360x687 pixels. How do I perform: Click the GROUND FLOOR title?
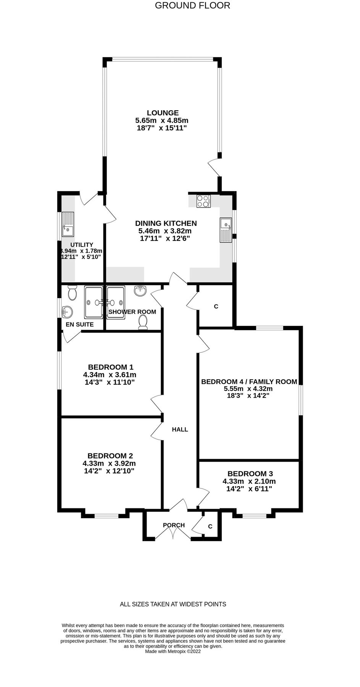pos(192,5)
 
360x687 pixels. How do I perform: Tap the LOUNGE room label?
pos(163,113)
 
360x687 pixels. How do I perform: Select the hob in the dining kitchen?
pos(203,201)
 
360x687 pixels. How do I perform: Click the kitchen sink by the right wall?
pos(226,230)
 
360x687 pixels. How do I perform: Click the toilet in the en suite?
pos(72,293)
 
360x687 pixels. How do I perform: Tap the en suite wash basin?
pos(67,312)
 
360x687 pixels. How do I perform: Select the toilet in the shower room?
pos(143,322)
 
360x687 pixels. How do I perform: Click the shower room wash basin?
pos(140,291)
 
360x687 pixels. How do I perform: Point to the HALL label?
pos(180,429)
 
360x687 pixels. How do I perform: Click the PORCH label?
pos(174,525)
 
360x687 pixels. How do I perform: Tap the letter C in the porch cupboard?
pos(210,527)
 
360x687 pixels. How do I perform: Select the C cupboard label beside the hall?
pos(216,306)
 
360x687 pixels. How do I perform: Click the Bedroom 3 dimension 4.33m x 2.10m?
pos(249,481)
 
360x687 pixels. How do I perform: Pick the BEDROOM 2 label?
pos(110,456)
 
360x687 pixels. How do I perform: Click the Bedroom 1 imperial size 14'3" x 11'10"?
pos(110,382)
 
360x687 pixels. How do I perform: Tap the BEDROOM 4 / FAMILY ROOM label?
pos(249,382)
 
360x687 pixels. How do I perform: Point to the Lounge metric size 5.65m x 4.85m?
pos(162,120)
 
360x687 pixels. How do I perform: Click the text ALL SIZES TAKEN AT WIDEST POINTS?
pos(173,604)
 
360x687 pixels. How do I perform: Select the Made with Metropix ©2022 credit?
pos(173,652)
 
